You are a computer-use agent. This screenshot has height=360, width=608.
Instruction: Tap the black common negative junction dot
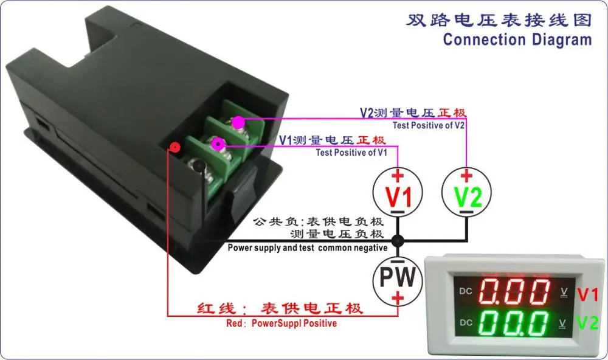pyautogui.click(x=398, y=241)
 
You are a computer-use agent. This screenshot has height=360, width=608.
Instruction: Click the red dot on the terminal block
pyautogui.click(x=175, y=147)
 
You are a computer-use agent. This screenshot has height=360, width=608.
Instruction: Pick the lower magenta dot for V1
pyautogui.click(x=218, y=145)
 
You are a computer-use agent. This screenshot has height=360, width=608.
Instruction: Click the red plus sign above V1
pyautogui.click(x=398, y=176)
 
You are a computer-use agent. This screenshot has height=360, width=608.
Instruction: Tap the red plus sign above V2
pyautogui.click(x=466, y=176)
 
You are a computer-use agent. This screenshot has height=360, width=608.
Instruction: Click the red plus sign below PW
pyautogui.click(x=398, y=298)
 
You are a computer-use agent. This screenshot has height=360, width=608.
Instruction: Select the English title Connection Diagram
pyautogui.click(x=517, y=40)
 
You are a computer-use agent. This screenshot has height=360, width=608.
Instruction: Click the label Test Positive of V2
pyautogui.click(x=429, y=125)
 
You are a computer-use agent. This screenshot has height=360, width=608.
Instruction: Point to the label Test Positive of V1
pyautogui.click(x=351, y=153)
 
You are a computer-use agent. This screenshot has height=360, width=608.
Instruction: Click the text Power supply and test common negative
pyautogui.click(x=308, y=248)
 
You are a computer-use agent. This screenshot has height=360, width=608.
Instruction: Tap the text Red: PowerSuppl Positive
pyautogui.click(x=282, y=323)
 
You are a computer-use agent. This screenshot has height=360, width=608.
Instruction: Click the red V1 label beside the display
pyautogui.click(x=588, y=295)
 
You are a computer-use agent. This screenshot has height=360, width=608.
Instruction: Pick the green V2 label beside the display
pyautogui.click(x=588, y=323)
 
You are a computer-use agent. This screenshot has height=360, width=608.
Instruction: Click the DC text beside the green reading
pyautogui.click(x=466, y=323)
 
